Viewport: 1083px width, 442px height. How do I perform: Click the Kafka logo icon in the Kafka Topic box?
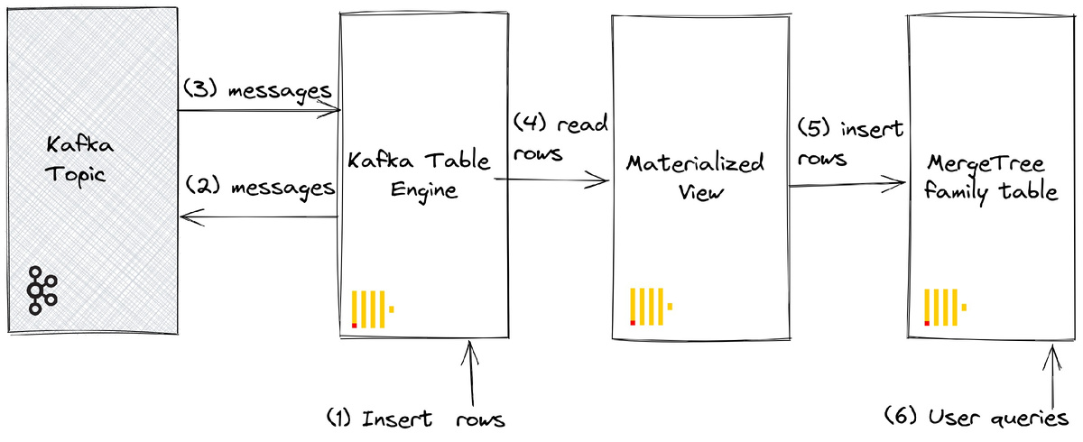coord(42,290)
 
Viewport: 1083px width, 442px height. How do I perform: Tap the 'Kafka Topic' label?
coord(77,159)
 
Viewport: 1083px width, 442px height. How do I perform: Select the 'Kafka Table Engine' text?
coord(418,176)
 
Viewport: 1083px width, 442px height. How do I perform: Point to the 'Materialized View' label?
coord(695,177)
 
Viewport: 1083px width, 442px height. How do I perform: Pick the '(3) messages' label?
coord(258,90)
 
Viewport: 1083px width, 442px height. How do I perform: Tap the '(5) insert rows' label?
coord(849,143)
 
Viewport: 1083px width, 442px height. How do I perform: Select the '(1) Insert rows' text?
coord(415,419)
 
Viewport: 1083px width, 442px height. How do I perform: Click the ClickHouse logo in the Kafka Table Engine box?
coord(373,308)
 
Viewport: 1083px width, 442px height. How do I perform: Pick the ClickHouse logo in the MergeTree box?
coord(945,307)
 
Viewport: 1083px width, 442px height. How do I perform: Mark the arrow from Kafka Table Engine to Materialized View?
coord(551,180)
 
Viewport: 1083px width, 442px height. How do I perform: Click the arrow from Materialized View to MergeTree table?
coord(847,185)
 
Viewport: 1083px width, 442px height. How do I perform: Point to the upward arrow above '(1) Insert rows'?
coord(470,375)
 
